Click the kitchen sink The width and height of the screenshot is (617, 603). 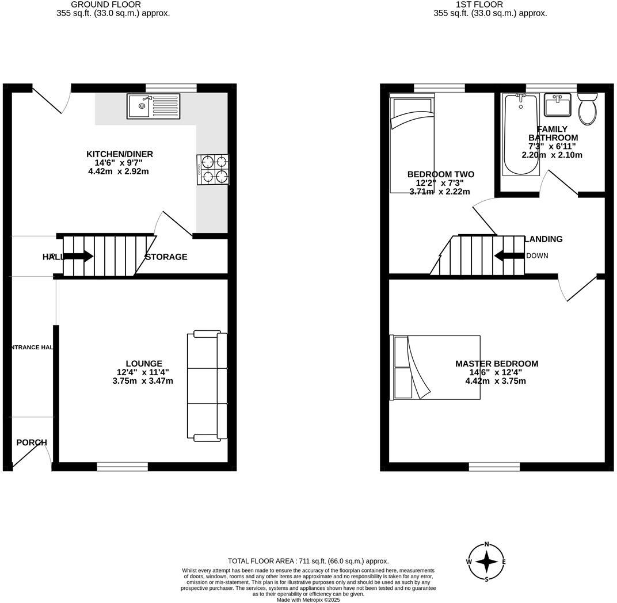coord(153,106)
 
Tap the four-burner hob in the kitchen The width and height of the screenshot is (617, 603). coord(213,170)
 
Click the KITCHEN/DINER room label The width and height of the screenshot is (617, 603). coord(120,154)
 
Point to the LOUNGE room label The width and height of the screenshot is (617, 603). coord(144,364)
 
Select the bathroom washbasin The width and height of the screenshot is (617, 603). coord(557,105)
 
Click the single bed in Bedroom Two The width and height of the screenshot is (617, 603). coord(412,144)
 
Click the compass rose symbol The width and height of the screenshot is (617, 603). coord(487,562)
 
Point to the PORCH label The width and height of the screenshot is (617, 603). coord(32,442)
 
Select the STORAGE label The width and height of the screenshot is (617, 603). coord(166,257)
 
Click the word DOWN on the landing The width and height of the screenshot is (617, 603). coord(537,256)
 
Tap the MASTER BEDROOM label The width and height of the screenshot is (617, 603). coord(497,364)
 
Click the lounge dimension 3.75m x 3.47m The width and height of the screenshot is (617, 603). coord(143,381)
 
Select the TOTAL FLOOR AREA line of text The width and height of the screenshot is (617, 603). coord(308,561)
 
